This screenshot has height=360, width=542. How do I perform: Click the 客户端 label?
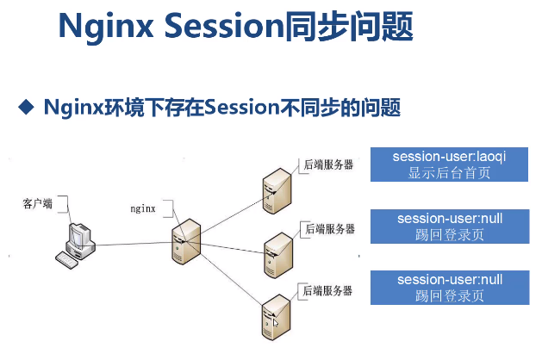[x=37, y=203]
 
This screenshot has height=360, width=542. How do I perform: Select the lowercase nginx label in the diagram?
[x=142, y=208]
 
